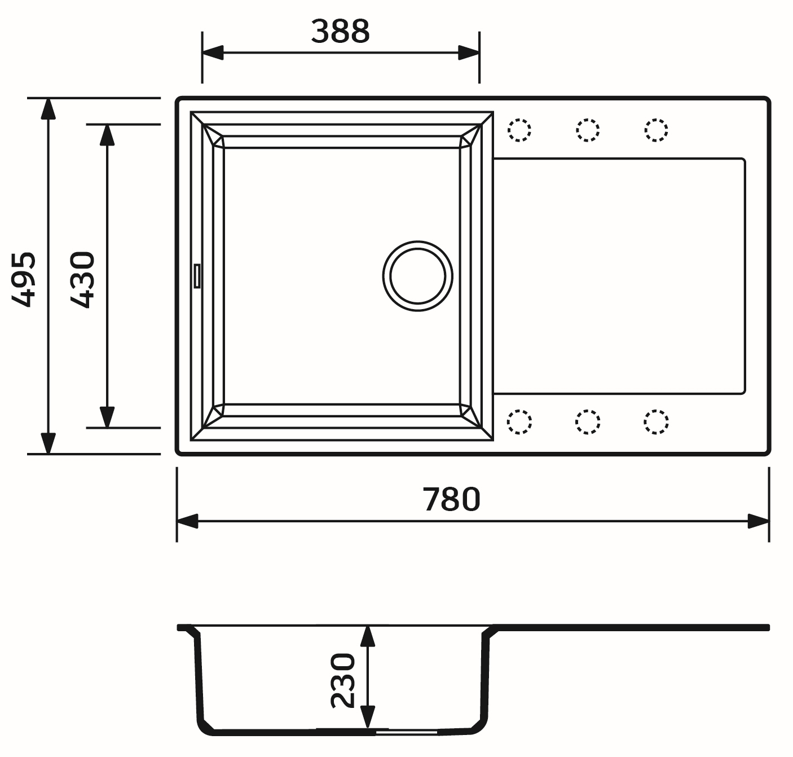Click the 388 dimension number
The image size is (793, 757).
coord(340,32)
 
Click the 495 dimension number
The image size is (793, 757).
coord(24,279)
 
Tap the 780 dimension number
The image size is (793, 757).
coord(451,499)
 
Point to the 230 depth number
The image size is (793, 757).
coord(343,680)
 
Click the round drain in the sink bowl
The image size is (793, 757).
coord(417,276)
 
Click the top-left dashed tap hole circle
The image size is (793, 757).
coord(519,130)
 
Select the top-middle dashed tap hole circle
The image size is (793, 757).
coord(588,130)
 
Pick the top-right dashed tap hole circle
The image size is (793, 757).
coord(656,130)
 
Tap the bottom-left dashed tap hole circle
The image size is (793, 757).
coord(519,422)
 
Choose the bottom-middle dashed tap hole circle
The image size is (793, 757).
coord(588,422)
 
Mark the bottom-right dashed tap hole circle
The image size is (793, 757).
coord(656,422)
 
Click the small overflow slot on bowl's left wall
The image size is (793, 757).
coord(197,276)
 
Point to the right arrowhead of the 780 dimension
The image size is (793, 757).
coord(759,521)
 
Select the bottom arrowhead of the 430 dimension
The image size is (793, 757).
coord(107,417)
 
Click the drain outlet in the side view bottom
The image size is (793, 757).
coord(406,732)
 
